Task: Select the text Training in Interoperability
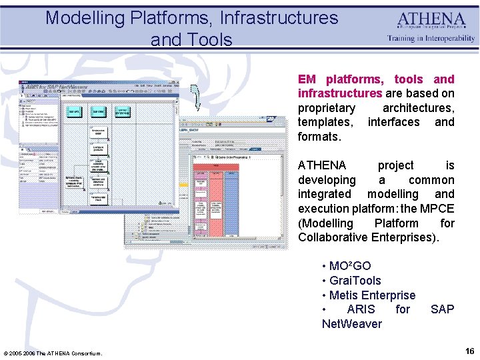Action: tap(431, 39)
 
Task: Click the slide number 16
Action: tap(469, 351)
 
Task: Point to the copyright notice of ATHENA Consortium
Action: tap(53, 353)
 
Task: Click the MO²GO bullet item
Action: tap(349, 266)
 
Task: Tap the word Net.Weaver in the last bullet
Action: tap(352, 324)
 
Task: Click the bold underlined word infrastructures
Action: tap(340, 93)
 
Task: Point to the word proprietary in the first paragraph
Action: tap(327, 108)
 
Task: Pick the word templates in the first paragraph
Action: tap(325, 122)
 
